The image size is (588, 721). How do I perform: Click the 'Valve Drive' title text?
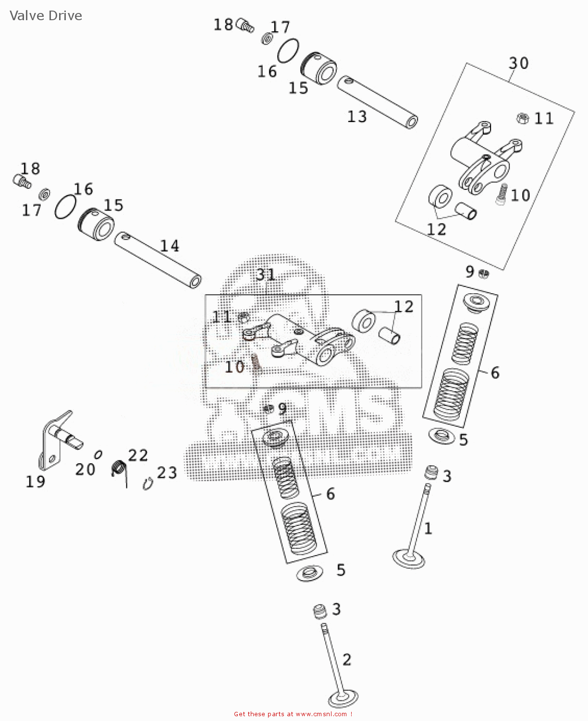point(46,16)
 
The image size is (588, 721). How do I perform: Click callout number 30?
point(518,63)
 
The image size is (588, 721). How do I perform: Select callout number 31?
point(266,274)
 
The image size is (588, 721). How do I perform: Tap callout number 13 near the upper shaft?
point(357,117)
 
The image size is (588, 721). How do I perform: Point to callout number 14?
point(170,246)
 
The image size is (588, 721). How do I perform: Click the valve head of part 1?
point(408,559)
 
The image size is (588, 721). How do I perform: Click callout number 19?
point(35,482)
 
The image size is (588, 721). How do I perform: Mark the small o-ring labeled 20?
point(98,454)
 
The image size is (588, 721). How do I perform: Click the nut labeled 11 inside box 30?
point(523,118)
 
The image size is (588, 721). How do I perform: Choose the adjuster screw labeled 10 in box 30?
point(502,194)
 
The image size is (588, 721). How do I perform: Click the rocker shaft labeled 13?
point(377,101)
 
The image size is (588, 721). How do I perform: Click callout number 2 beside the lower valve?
point(347,659)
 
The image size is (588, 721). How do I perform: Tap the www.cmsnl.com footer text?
point(321,714)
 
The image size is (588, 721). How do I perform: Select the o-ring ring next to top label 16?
point(288,50)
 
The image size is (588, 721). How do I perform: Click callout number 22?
point(138,455)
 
